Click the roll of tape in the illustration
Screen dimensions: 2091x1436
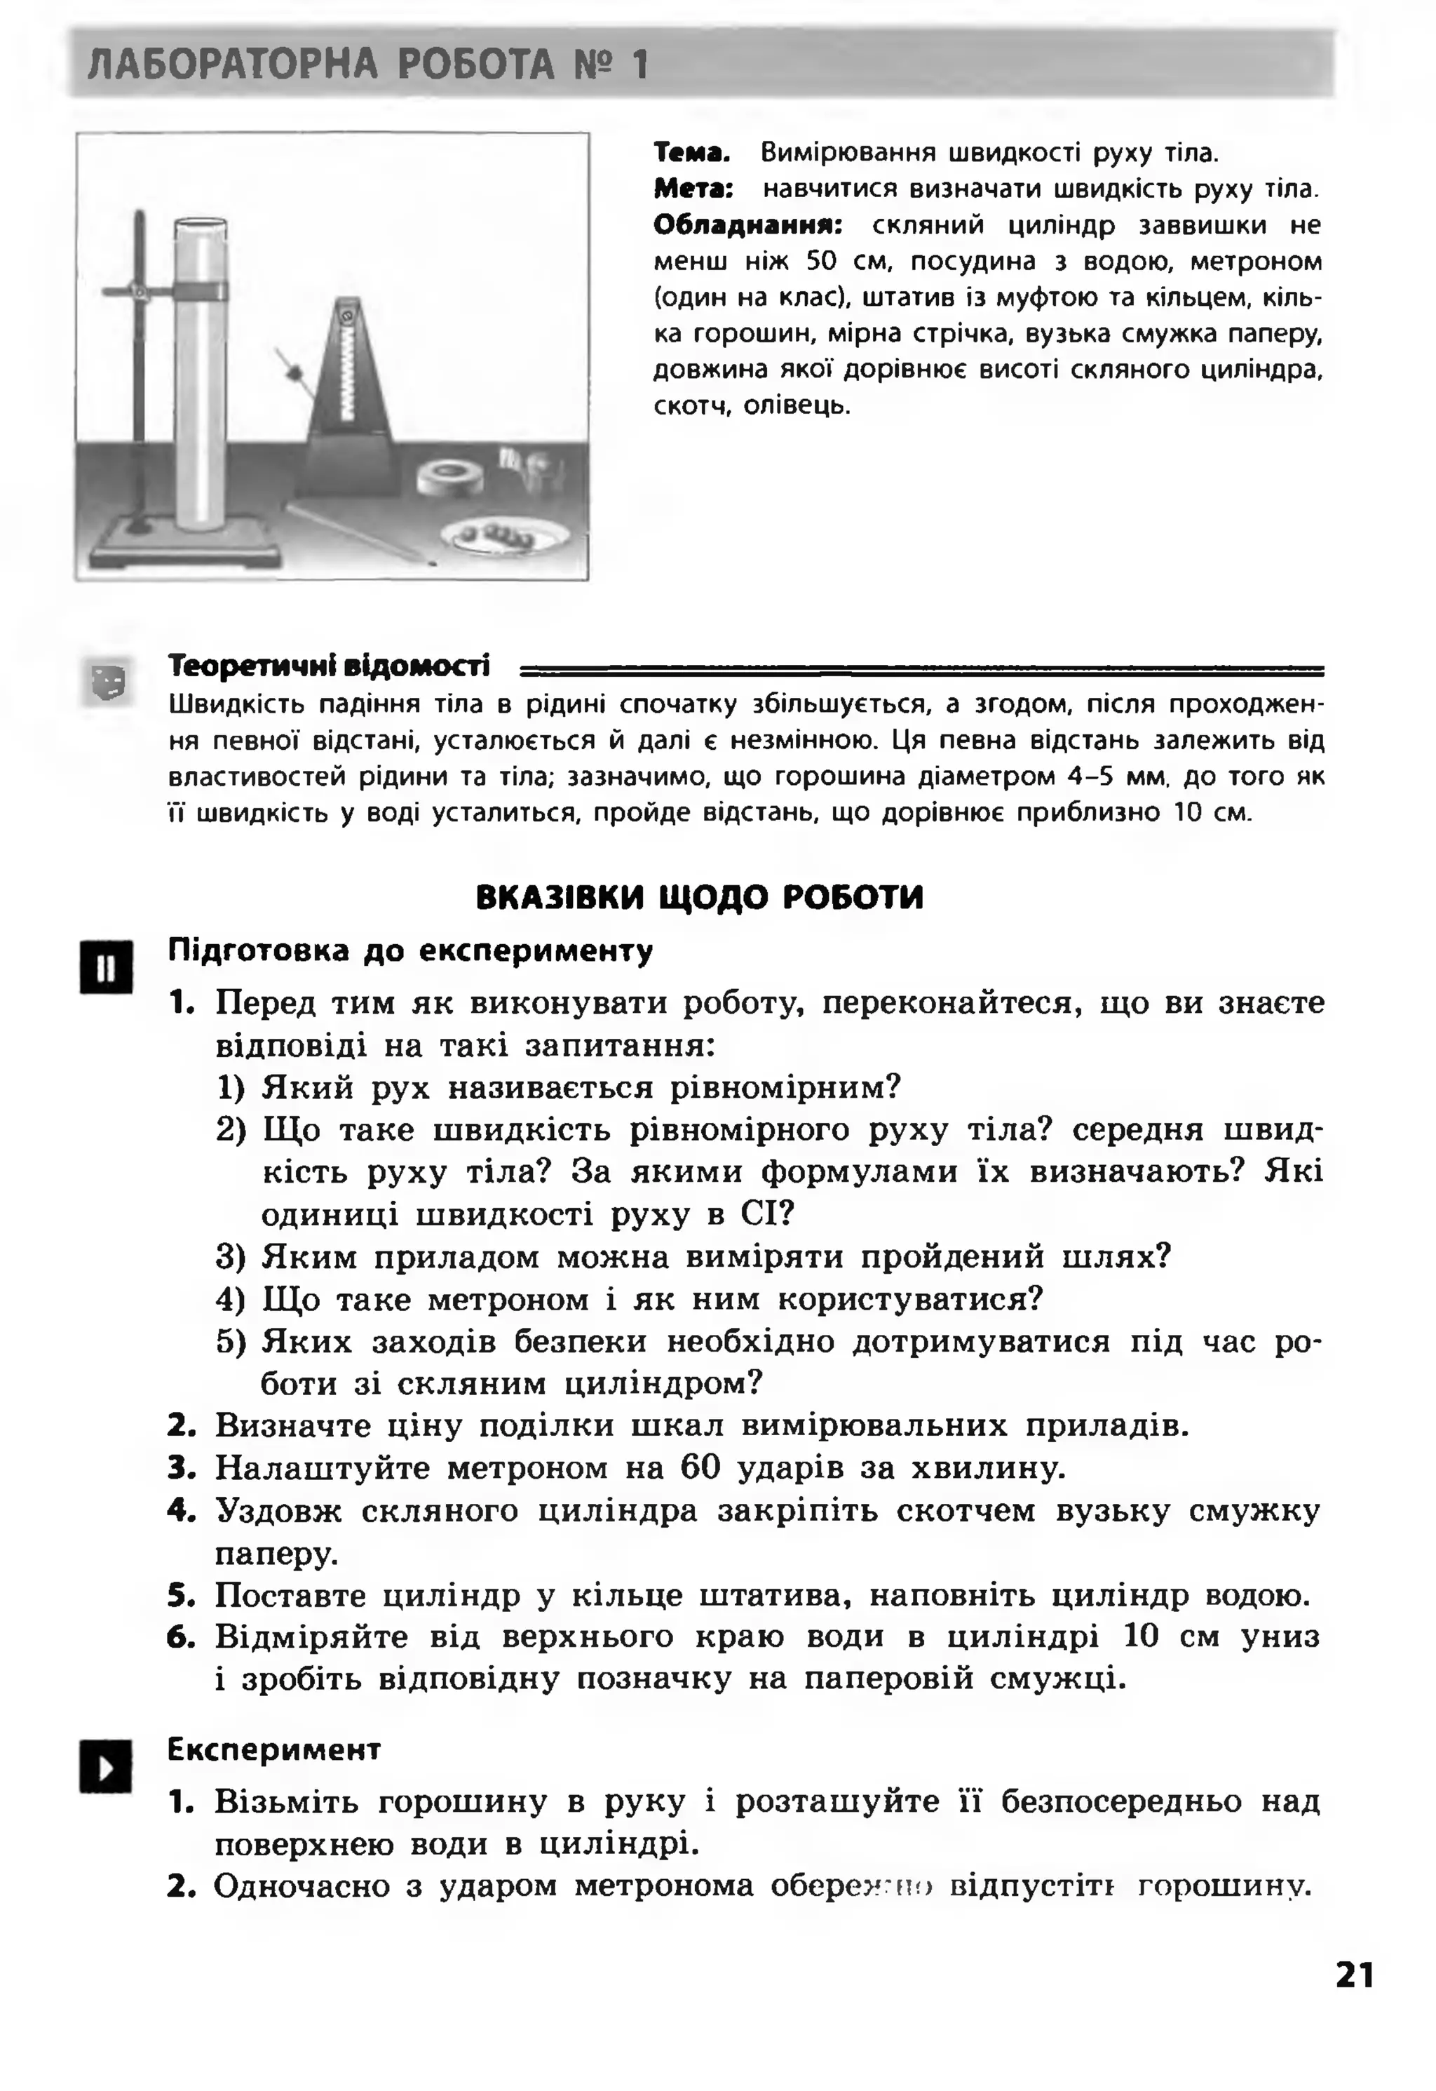[x=450, y=477]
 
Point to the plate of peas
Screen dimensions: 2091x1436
[x=504, y=536]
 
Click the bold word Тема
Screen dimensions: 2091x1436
[x=690, y=152]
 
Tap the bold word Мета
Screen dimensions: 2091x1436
[x=693, y=189]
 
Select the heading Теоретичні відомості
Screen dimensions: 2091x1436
[x=330, y=666]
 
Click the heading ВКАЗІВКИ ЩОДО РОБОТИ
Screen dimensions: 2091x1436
[x=699, y=897]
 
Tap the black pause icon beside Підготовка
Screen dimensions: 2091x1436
[x=106, y=967]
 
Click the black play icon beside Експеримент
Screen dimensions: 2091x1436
[x=105, y=1766]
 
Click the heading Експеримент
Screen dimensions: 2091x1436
[x=274, y=1749]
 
